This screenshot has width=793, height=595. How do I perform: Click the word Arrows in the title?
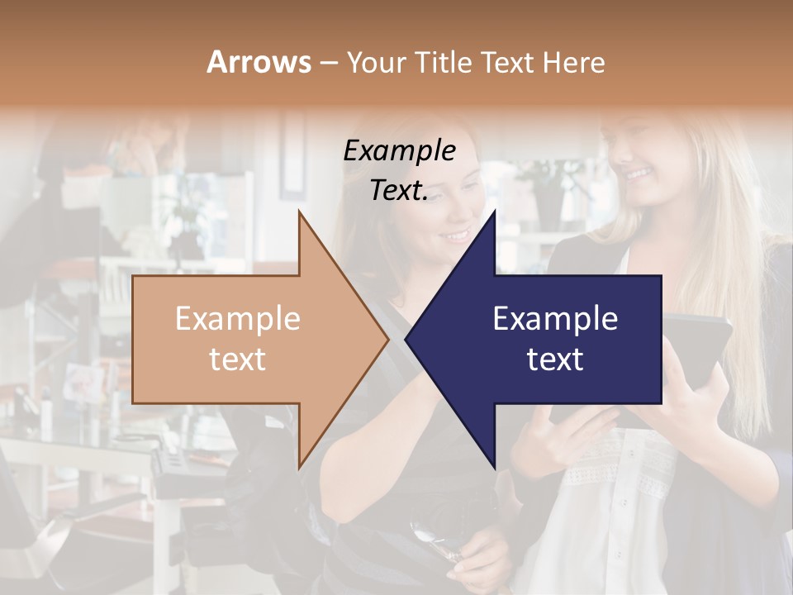[x=259, y=62]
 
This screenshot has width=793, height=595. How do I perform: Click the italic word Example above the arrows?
[x=399, y=151]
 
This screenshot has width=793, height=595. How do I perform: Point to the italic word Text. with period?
[x=399, y=191]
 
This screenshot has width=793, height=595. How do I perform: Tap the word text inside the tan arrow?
[x=237, y=359]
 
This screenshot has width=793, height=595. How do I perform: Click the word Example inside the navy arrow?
[x=555, y=319]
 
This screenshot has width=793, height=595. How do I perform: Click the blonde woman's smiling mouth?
[x=637, y=174]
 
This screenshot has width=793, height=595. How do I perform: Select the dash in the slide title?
[x=328, y=63]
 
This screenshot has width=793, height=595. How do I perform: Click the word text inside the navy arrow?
[x=555, y=359]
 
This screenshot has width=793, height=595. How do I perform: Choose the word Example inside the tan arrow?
[x=237, y=319]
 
